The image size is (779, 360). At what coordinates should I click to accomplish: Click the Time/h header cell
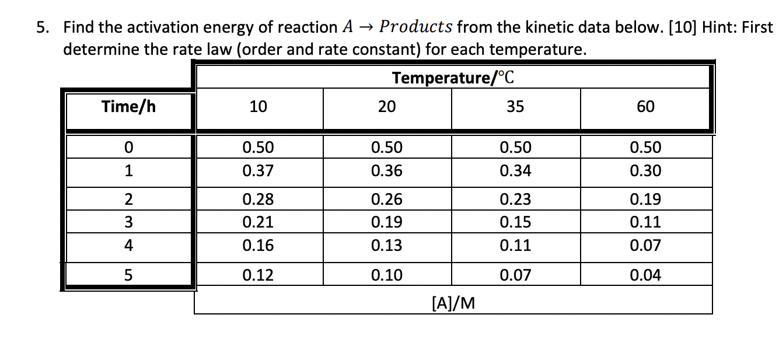pyautogui.click(x=128, y=107)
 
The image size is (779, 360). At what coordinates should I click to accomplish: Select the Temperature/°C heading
pyautogui.click(x=453, y=78)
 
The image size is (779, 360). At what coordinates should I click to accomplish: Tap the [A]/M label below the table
pyautogui.click(x=453, y=302)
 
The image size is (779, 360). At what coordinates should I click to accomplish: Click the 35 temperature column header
pyautogui.click(x=515, y=107)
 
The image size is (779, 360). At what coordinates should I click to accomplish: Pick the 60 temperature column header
pyautogui.click(x=645, y=107)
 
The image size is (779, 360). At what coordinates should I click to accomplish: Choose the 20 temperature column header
pyautogui.click(x=386, y=107)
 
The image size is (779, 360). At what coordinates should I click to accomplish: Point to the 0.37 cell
pyautogui.click(x=258, y=171)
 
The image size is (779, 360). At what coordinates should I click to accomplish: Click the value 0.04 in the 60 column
pyautogui.click(x=645, y=275)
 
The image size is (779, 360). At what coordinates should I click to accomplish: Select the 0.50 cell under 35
pyautogui.click(x=515, y=147)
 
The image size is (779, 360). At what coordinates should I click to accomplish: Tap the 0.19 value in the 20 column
pyautogui.click(x=386, y=222)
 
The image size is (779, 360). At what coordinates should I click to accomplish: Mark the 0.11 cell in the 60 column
pyautogui.click(x=645, y=222)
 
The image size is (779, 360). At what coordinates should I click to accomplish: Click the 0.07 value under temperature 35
pyautogui.click(x=515, y=275)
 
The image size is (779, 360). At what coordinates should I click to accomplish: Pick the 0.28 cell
pyautogui.click(x=258, y=200)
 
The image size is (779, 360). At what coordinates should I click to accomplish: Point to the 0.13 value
pyautogui.click(x=386, y=246)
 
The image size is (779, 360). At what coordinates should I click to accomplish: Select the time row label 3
pyautogui.click(x=128, y=222)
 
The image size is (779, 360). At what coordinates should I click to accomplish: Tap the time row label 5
pyautogui.click(x=128, y=275)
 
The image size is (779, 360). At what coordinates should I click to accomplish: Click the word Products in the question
pyautogui.click(x=415, y=27)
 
